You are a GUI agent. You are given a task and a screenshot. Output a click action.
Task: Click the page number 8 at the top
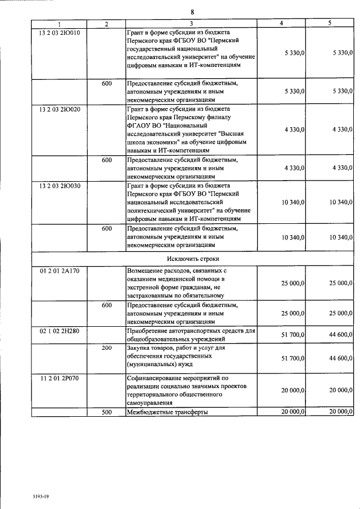(192, 12)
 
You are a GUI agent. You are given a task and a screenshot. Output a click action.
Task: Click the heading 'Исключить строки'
(193, 258)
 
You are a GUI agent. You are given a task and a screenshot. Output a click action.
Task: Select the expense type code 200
(107, 349)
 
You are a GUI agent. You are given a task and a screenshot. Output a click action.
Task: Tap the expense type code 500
(107, 412)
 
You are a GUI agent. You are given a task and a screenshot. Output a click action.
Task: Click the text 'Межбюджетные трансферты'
(168, 412)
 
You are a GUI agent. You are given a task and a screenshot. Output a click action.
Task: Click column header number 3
(191, 24)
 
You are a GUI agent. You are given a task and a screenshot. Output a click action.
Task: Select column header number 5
(330, 24)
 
